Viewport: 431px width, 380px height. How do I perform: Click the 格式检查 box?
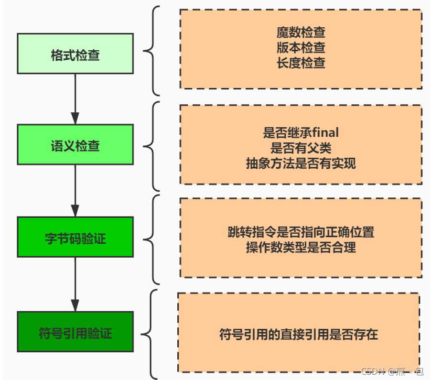pyautogui.click(x=75, y=54)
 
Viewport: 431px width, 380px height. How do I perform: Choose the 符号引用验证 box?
pyautogui.click(x=75, y=332)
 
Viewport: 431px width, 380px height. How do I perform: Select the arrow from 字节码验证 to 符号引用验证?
pyautogui.click(x=75, y=284)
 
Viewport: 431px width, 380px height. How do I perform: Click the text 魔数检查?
pyautogui.click(x=301, y=33)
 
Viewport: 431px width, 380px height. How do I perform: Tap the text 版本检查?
pyautogui.click(x=301, y=48)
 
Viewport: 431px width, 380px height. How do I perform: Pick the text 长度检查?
pyautogui.click(x=301, y=63)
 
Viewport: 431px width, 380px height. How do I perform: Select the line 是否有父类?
pyautogui.click(x=301, y=148)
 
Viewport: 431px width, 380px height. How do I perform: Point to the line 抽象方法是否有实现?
pyautogui.click(x=301, y=163)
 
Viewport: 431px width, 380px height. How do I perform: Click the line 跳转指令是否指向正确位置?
pyautogui.click(x=301, y=232)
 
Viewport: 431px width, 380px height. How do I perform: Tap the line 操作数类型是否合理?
pyautogui.click(x=301, y=248)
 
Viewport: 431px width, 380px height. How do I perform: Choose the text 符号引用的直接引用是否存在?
pyautogui.click(x=298, y=334)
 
